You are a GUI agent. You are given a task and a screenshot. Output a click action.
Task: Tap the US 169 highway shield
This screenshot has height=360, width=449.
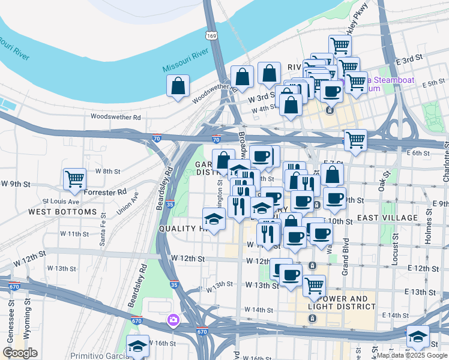pyautogui.click(x=211, y=35)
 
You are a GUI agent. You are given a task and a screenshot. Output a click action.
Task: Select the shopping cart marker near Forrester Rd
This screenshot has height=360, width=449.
pyautogui.click(x=75, y=179)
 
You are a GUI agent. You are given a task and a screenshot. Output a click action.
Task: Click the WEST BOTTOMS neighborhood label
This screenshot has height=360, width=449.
pyautogui.click(x=62, y=212)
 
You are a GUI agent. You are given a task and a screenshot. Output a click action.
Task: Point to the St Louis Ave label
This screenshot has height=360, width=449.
pyautogui.click(x=61, y=201)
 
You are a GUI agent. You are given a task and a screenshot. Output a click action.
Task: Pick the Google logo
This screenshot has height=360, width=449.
pyautogui.click(x=20, y=353)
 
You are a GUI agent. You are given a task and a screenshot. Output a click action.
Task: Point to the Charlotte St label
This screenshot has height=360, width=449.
pyautogui.click(x=445, y=163)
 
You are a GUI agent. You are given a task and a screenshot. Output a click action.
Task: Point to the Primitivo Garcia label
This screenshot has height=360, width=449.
pyautogui.click(x=96, y=356)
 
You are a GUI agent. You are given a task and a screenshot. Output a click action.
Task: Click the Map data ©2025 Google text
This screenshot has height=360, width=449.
pyautogui.click(x=411, y=355)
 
